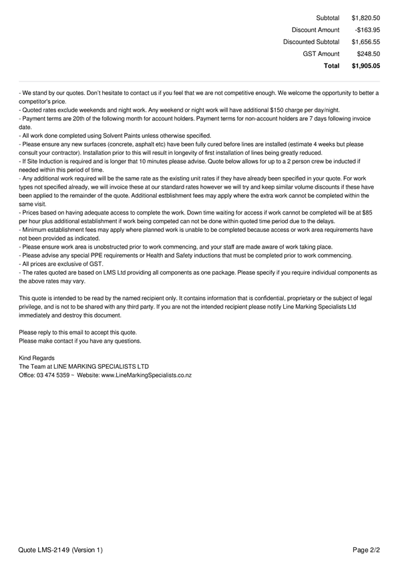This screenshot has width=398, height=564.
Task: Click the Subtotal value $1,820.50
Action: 365,18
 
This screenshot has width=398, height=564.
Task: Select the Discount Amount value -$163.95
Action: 367,30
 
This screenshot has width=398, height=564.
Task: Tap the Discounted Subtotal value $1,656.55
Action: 365,42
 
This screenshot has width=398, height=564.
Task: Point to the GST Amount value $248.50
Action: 368,54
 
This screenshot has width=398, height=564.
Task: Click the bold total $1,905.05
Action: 365,66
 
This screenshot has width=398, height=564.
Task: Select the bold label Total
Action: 331,66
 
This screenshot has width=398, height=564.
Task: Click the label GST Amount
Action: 321,54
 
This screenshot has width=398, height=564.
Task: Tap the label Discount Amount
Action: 315,30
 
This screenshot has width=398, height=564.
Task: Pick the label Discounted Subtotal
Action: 311,42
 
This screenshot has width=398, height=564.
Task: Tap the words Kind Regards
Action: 37,358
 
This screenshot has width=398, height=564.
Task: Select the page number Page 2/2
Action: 366,550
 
